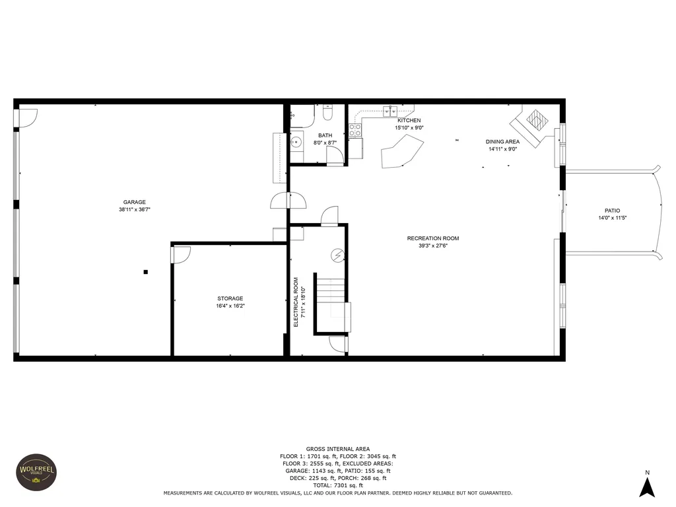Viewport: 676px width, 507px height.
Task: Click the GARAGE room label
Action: [135, 202]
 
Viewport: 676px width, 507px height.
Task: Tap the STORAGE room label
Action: [230, 298]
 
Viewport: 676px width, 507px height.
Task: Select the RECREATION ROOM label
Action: [433, 238]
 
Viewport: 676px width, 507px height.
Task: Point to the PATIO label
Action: [612, 211]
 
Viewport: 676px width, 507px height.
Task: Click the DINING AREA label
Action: [502, 142]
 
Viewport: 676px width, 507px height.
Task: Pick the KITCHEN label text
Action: [409, 121]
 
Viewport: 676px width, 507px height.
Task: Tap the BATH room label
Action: [325, 135]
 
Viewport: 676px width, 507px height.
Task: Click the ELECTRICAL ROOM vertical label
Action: [296, 302]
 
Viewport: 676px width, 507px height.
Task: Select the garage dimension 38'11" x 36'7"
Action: [135, 209]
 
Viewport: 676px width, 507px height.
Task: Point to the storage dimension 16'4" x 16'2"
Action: [230, 306]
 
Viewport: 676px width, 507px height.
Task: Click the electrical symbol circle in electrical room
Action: [338, 255]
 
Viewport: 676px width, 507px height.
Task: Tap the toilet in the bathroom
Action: [327, 112]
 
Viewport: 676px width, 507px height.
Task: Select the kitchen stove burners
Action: [355, 130]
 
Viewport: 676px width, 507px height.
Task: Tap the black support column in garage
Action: [146, 272]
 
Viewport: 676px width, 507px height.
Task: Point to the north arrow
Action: [647, 487]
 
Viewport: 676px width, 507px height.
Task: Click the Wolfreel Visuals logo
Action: [36, 472]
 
